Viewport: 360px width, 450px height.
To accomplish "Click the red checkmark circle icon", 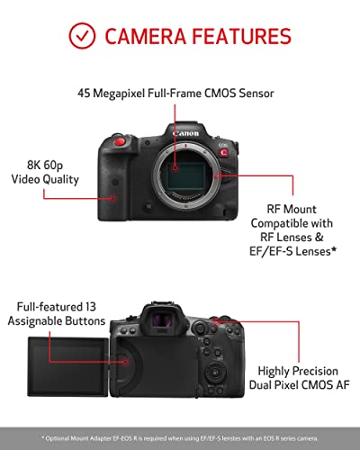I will click(x=82, y=35).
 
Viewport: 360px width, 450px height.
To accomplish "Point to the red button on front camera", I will click(x=121, y=141).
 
